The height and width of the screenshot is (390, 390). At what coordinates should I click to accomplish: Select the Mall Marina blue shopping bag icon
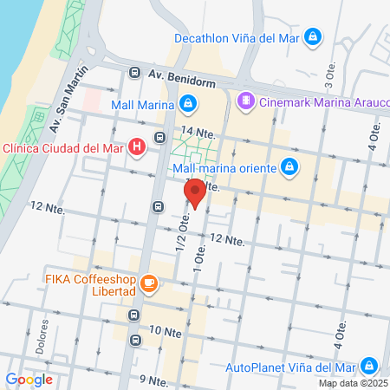click(188, 104)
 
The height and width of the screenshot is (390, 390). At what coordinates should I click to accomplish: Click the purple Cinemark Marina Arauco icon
click(246, 101)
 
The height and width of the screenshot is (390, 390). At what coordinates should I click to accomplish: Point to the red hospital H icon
click(137, 147)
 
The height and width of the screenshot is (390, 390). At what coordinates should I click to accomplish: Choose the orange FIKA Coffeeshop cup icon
click(149, 283)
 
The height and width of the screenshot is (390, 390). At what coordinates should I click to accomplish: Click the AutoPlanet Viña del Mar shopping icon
click(369, 366)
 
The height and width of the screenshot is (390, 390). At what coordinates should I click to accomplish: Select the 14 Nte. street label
click(199, 133)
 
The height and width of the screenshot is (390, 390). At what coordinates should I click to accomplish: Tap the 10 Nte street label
click(166, 331)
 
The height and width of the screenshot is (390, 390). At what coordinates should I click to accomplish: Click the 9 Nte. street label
click(153, 380)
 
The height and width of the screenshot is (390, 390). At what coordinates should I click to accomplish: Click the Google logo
click(29, 379)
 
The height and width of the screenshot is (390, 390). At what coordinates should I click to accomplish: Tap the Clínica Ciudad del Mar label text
click(62, 147)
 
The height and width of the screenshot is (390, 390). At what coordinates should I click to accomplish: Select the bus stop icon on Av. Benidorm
click(135, 73)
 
